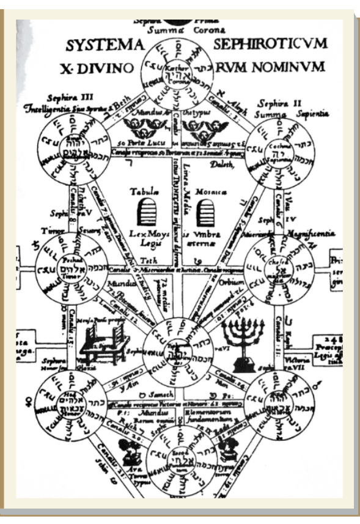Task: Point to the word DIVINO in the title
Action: click(108, 66)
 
